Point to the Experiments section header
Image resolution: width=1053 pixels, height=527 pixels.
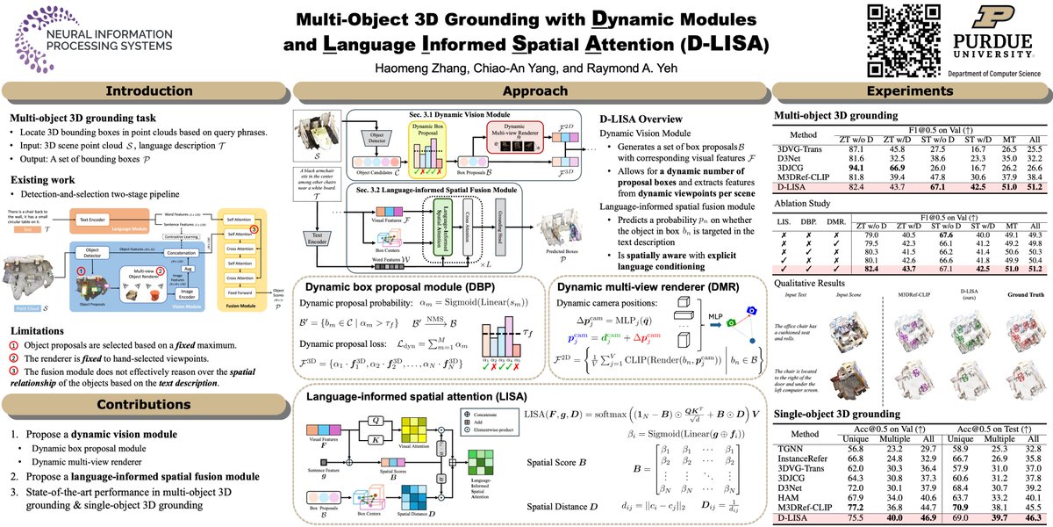click(x=909, y=90)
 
